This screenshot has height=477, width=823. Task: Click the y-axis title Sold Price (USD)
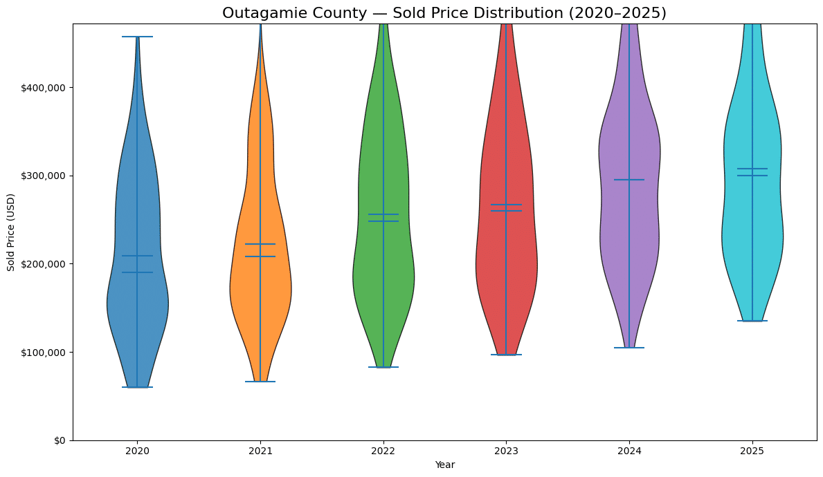(x=11, y=232)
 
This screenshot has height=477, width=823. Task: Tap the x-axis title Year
(x=444, y=465)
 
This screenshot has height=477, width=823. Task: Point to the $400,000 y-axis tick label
(x=44, y=88)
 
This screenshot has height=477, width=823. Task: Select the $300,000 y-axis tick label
(x=44, y=176)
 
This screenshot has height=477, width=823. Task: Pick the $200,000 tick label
(x=44, y=264)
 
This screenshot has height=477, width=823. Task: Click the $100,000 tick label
(x=44, y=353)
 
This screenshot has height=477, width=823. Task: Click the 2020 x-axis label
(x=137, y=451)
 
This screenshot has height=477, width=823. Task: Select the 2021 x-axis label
(x=260, y=451)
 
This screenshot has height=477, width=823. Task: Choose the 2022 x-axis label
(x=383, y=451)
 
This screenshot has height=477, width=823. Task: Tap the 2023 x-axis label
(x=506, y=451)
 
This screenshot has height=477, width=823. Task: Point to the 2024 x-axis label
(x=629, y=451)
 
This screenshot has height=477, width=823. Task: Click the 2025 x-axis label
(x=752, y=451)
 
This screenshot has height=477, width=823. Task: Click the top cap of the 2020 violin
(x=137, y=37)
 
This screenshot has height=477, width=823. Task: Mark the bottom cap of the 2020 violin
(x=137, y=387)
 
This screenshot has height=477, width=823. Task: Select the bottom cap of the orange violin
(x=260, y=382)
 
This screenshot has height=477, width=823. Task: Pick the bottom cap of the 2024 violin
(x=629, y=348)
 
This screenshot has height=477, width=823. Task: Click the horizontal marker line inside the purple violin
(x=629, y=180)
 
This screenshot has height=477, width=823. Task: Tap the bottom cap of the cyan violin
(x=752, y=321)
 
